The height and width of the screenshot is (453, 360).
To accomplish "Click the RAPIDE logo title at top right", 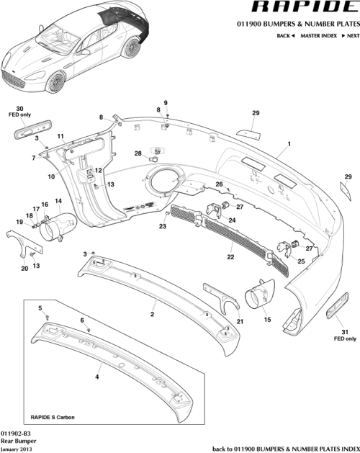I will [x=295, y=8].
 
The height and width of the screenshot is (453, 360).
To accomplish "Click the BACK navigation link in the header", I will [x=286, y=35].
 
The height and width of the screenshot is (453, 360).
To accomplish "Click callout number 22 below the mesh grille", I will [x=230, y=256].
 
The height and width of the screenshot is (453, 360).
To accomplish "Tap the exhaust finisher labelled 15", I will [x=259, y=296].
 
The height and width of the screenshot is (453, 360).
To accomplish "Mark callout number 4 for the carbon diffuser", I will [x=98, y=375].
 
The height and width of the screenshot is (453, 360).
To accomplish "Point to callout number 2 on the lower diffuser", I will [x=152, y=315].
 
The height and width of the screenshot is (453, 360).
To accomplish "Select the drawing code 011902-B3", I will [x=16, y=435].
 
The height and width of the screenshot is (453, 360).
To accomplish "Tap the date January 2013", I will [x=17, y=449].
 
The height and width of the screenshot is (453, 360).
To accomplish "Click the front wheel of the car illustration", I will [x=56, y=81].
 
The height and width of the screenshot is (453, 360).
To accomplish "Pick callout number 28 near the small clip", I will [x=138, y=153].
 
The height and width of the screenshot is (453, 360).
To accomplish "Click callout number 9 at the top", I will [x=165, y=103].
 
